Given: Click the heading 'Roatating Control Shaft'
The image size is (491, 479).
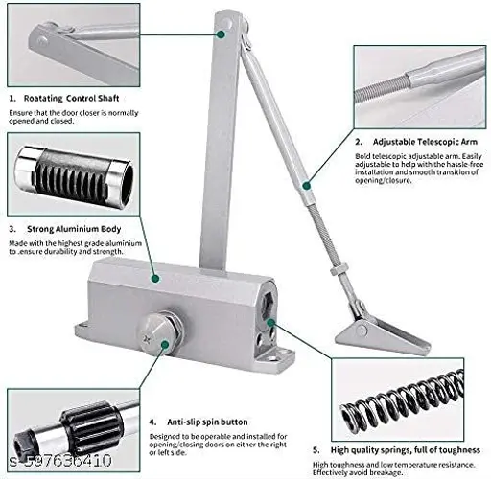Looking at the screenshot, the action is click(x=71, y=98).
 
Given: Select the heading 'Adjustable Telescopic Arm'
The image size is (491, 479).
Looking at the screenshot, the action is click(x=425, y=142).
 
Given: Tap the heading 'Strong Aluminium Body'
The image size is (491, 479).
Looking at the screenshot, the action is click(x=74, y=229).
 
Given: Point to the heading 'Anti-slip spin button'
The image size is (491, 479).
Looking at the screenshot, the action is click(x=207, y=422).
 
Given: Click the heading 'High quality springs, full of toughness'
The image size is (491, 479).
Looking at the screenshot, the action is click(x=406, y=450).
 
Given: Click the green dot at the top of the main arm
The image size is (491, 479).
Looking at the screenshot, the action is click(x=221, y=34).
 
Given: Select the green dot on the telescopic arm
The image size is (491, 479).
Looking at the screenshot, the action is click(x=306, y=186).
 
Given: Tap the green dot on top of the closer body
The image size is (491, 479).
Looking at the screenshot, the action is click(x=155, y=279).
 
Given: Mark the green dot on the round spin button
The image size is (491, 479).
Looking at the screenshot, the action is click(x=165, y=345).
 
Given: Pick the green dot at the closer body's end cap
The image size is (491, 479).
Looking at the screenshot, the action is click(x=270, y=323).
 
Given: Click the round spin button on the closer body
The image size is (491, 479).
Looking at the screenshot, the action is click(x=159, y=332).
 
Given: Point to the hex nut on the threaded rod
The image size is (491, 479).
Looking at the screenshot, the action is click(x=339, y=270).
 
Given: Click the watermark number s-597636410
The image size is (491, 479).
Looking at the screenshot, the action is click(x=60, y=461).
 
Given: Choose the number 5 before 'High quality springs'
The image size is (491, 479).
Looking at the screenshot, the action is click(x=316, y=450).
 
